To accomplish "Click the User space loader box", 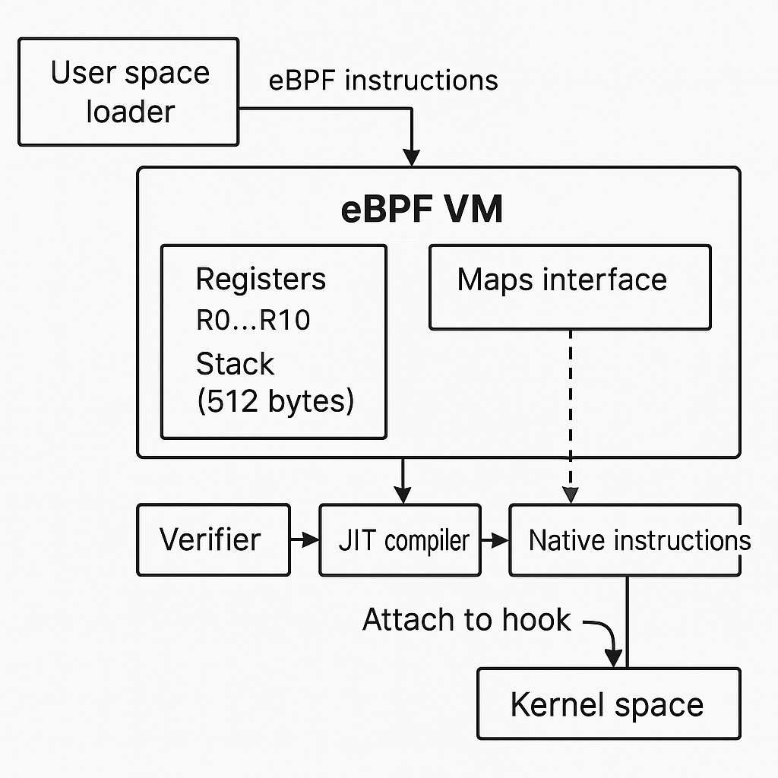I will [128, 92].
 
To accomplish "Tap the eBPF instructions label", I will [384, 80].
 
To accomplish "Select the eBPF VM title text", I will [422, 209].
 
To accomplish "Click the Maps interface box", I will [570, 286].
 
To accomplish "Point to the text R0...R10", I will [253, 321].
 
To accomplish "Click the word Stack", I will [235, 364].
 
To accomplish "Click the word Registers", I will [261, 279].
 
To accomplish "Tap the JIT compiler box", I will [400, 539].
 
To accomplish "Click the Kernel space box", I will [608, 704].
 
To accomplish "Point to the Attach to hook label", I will [466, 620].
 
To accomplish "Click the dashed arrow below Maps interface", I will [570, 414].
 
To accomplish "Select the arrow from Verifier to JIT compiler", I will [305, 539].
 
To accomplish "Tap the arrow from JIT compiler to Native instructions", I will [495, 539].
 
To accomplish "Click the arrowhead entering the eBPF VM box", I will [411, 158].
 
